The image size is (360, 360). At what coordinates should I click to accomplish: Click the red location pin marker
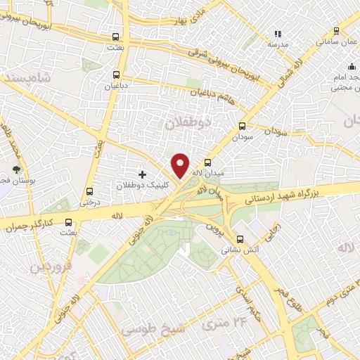coord(181,165)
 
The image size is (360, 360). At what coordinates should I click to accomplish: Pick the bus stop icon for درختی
coord(89,191)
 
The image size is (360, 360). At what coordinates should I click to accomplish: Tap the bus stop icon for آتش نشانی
coord(240,238)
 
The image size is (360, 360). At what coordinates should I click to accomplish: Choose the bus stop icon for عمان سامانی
coord(336,31)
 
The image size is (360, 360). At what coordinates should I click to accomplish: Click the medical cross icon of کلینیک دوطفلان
coord(143,174)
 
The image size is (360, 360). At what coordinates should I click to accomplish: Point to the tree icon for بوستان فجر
coord(17,169)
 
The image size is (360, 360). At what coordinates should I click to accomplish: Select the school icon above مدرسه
coord(277,33)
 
